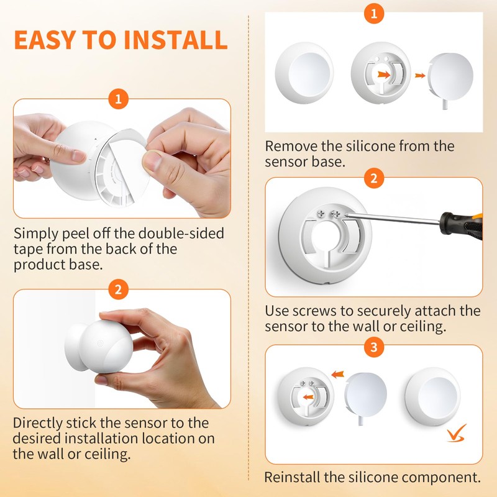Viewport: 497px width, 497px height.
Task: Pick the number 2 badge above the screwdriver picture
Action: click(373, 178)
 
